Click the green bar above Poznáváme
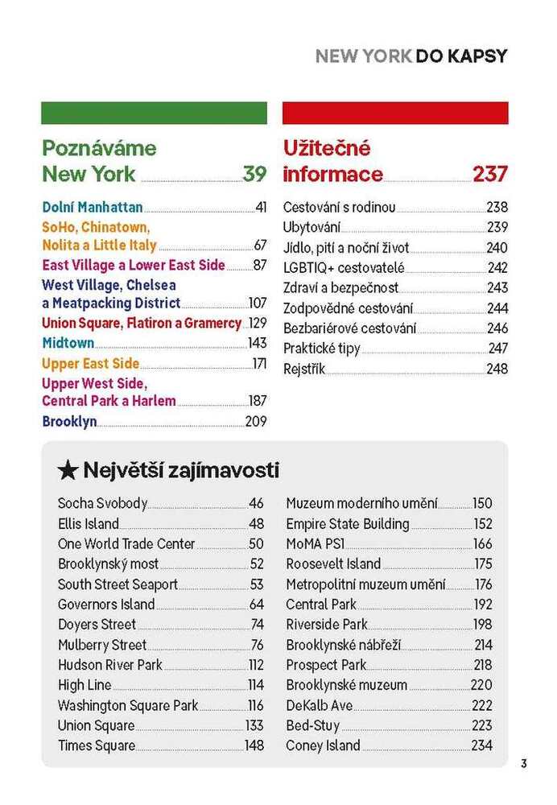(154, 113)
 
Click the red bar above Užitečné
(395, 113)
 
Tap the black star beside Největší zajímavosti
(68, 470)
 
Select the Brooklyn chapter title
(69, 421)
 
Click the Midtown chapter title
(68, 343)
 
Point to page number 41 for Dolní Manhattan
(261, 208)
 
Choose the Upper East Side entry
(90, 363)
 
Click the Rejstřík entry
(304, 369)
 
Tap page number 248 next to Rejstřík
(497, 369)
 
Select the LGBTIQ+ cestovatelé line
(344, 268)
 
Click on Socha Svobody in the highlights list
(102, 504)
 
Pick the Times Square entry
(96, 745)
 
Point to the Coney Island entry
(323, 745)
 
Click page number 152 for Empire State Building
(482, 524)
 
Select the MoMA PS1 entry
(310, 544)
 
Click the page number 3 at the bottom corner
(523, 764)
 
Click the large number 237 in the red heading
(489, 174)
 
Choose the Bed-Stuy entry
(310, 725)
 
